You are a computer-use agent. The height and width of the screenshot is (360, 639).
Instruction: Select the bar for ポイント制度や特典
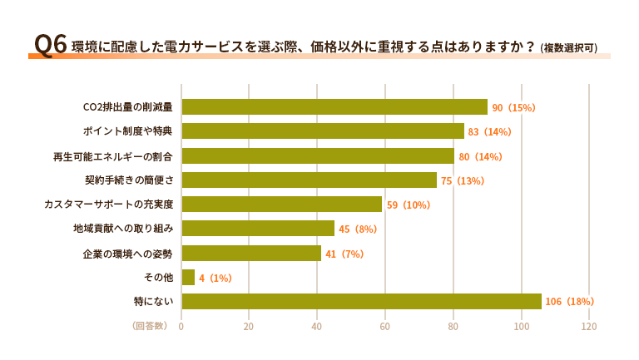coord(323,131)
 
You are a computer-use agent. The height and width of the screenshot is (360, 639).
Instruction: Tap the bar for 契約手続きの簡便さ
coord(309,180)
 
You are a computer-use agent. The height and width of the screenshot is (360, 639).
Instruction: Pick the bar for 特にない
coord(361,301)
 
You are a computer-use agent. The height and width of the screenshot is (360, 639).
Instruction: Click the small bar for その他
coord(188,277)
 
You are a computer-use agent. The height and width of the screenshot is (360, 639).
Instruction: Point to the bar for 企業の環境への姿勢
coord(251,253)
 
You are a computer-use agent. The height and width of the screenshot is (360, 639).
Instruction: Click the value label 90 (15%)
coord(513,108)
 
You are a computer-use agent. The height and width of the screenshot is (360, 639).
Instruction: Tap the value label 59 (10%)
coord(409,205)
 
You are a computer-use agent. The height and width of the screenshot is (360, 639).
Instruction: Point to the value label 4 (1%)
coord(215,278)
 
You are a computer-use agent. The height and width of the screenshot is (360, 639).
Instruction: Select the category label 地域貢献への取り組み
coord(123,229)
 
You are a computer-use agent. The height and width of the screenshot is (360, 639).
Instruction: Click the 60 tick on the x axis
coord(385,327)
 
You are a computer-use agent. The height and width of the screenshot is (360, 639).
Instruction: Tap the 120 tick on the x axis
coord(589,327)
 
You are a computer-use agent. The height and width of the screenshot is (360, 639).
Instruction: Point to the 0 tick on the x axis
coord(181,327)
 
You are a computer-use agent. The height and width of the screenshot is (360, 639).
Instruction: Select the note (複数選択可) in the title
coord(568,48)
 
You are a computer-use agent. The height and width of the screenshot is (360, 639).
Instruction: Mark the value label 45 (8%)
coord(358,229)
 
